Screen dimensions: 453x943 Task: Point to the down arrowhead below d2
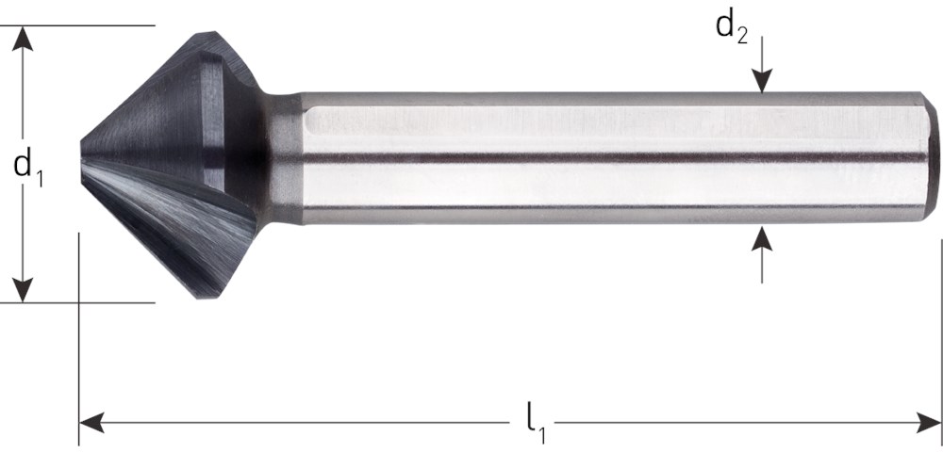762,83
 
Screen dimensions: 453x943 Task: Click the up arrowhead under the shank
762,236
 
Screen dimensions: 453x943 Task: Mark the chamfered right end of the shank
930,156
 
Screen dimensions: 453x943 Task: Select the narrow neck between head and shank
280,158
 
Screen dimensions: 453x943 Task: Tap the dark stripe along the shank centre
613,157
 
